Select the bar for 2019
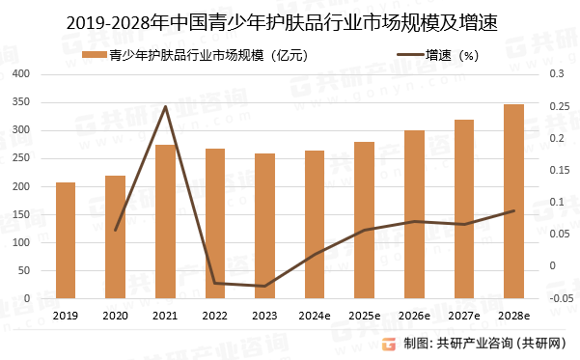[x=66, y=240]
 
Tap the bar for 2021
[x=165, y=222]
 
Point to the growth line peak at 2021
[x=165, y=107]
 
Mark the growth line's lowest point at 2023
[x=264, y=287]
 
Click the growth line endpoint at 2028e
[x=513, y=211]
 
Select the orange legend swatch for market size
[x=94, y=56]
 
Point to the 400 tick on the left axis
[x=22, y=74]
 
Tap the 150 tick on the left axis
[x=22, y=215]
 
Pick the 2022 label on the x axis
[x=214, y=316]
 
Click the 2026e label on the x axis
[x=414, y=316]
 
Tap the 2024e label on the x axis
[x=315, y=316]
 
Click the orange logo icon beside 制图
[x=389, y=344]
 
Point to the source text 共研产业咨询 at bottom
[x=474, y=344]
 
